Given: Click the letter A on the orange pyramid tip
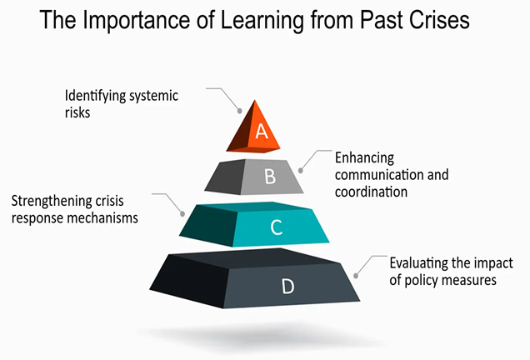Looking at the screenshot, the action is (262, 131).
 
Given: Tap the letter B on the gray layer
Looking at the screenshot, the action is (270, 177).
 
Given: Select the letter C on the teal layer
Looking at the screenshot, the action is (277, 227).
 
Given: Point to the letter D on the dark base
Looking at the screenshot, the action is (288, 287).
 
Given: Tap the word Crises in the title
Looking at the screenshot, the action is (440, 20).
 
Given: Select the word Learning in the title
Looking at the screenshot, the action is (262, 20).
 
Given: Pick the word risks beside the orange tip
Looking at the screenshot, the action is (77, 112).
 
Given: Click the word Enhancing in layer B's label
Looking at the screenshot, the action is (364, 158).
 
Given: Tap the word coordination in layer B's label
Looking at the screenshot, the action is (371, 192).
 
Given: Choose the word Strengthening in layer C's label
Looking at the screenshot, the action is (52, 202).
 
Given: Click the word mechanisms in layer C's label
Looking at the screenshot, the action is (102, 218).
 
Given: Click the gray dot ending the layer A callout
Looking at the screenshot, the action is (240, 111).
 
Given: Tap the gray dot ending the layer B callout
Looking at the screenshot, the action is (301, 171).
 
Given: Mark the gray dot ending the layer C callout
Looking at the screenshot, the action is (182, 214).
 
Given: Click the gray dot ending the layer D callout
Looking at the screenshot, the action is (356, 276).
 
